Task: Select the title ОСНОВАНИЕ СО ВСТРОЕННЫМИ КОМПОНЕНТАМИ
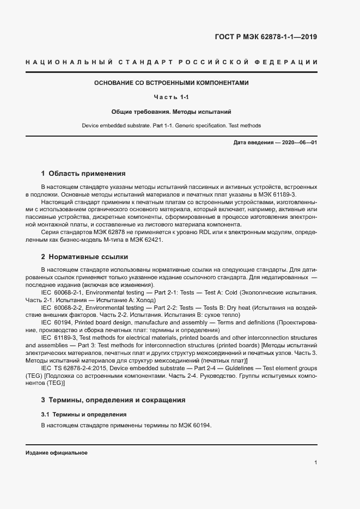[x=171, y=83]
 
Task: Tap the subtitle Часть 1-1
[x=171, y=97]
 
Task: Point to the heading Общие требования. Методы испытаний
[x=171, y=112]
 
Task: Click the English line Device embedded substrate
[x=171, y=126]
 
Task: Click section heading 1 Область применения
[x=83, y=174]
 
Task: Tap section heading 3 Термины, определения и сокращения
[x=113, y=400]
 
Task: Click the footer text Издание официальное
[x=56, y=453]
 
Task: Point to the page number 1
[x=316, y=462]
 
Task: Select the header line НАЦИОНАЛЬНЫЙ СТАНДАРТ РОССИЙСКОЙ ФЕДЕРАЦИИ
[x=171, y=62]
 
